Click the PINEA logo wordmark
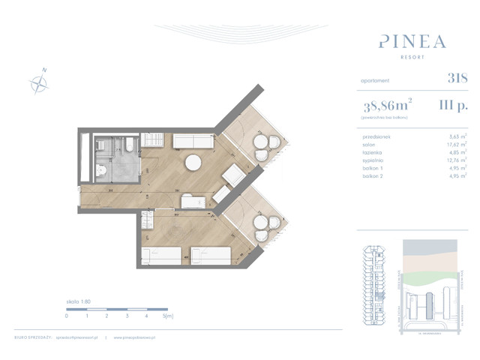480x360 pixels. tap(412, 40)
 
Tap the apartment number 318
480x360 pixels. tap(457, 77)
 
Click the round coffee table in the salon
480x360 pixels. tap(194, 163)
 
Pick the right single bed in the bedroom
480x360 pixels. tap(208, 255)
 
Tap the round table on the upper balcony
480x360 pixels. tap(262, 148)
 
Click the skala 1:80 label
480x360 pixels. tap(78, 301)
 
